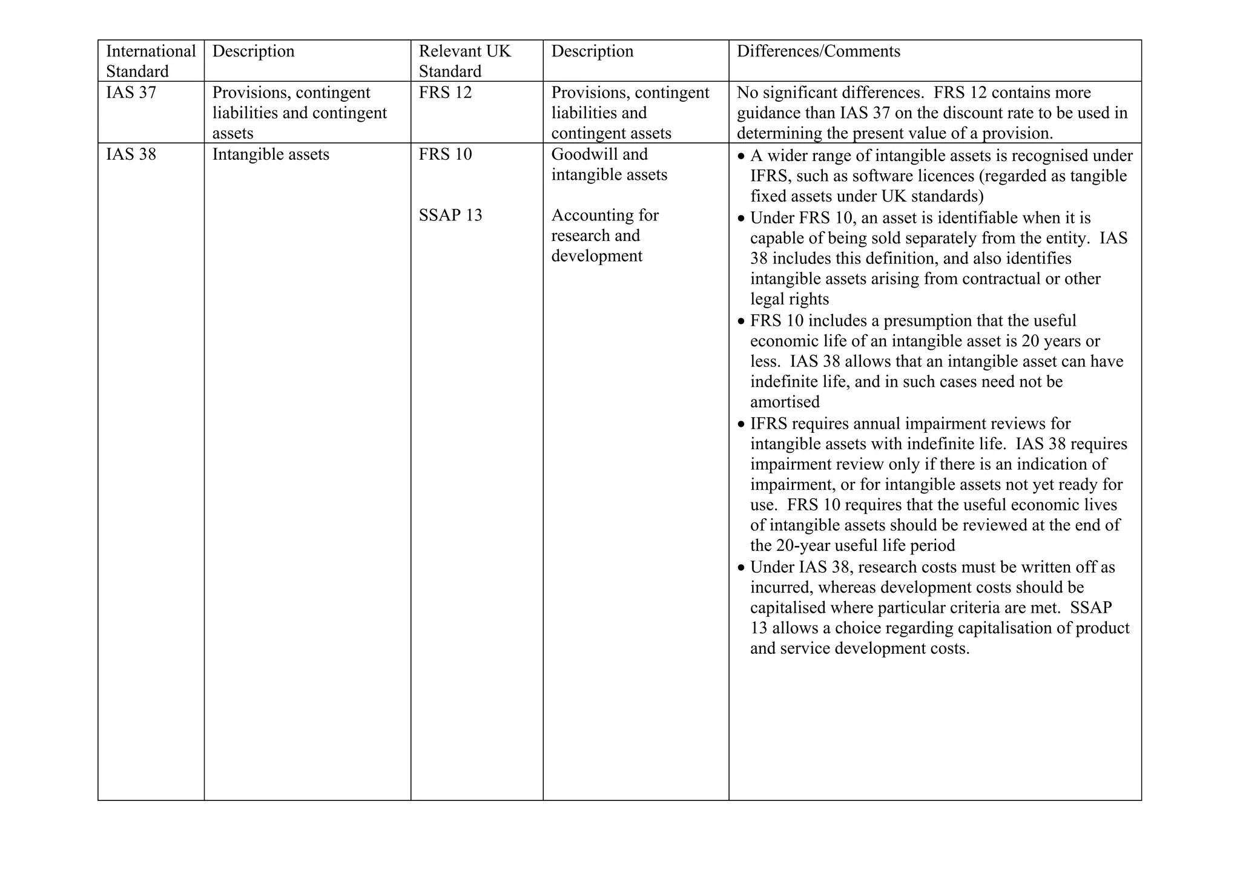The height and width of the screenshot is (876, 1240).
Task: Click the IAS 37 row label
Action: (x=131, y=93)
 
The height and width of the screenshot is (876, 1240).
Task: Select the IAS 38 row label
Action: (x=131, y=154)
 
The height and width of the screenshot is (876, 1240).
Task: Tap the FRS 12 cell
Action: (x=445, y=93)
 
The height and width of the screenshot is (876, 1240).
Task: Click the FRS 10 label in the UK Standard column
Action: (x=445, y=154)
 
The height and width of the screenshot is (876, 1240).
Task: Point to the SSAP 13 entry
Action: (x=450, y=216)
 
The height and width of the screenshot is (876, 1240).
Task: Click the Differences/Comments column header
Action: (x=818, y=51)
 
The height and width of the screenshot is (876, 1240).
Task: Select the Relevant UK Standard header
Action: (x=464, y=61)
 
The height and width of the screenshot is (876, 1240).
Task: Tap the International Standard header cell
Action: (x=151, y=61)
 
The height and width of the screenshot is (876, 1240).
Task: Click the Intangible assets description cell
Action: (x=271, y=154)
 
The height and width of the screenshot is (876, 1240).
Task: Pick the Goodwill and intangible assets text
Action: (x=608, y=165)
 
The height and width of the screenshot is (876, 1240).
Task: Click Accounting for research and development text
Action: (x=604, y=235)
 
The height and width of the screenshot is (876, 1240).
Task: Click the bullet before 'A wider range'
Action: (x=742, y=157)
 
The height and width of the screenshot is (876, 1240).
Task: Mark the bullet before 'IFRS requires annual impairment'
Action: (x=742, y=424)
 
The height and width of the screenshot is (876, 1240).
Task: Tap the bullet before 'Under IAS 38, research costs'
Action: (x=742, y=568)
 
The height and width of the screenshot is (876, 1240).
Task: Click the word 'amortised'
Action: (x=785, y=402)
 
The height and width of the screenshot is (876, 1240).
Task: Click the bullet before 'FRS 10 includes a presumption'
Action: (x=742, y=321)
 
